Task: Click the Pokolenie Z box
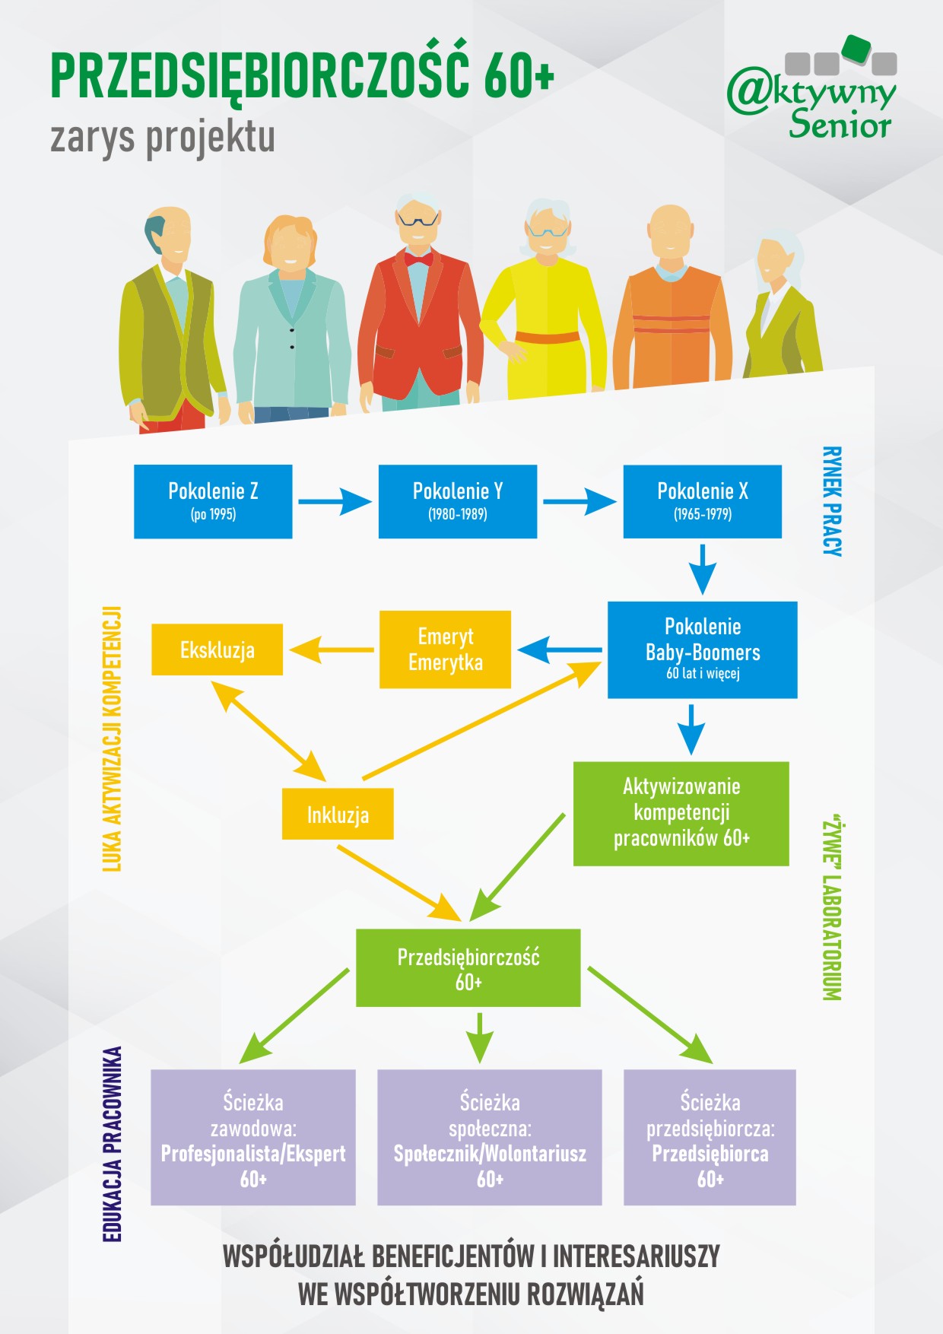tap(213, 501)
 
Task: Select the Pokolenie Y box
tap(458, 501)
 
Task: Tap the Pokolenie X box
tap(703, 501)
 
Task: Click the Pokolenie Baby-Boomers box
tap(703, 650)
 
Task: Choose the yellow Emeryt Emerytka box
tap(445, 650)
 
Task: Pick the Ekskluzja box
tap(217, 650)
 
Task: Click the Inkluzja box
tap(338, 814)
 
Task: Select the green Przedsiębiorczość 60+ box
tap(468, 967)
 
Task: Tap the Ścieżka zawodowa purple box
tap(253, 1137)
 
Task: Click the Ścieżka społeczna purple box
tap(490, 1137)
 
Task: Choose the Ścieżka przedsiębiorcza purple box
tap(710, 1137)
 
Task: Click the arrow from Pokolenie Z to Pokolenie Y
tap(335, 502)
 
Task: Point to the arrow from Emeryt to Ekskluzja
tap(331, 650)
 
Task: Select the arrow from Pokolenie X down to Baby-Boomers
tap(703, 569)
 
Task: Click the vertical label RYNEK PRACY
tap(833, 501)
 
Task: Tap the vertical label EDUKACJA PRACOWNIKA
tap(112, 1144)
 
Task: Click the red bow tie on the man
tap(418, 259)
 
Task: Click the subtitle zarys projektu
tap(163, 138)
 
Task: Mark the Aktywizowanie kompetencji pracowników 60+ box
tap(681, 813)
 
